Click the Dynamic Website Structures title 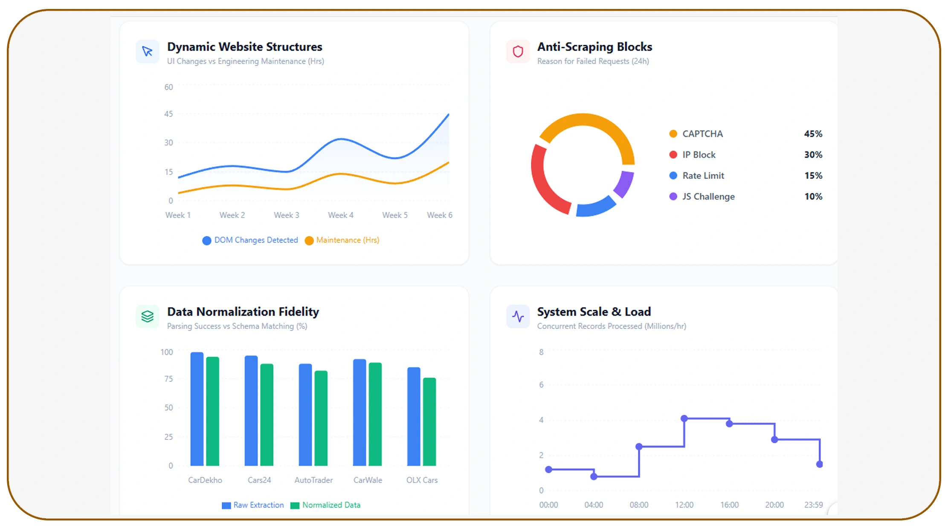click(244, 47)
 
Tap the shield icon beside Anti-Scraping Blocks click(518, 52)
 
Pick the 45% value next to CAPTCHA click(813, 134)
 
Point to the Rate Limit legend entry click(703, 176)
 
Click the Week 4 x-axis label click(340, 215)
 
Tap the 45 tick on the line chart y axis click(168, 114)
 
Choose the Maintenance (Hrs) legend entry click(342, 240)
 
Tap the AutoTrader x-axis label click(313, 480)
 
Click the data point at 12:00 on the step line click(684, 419)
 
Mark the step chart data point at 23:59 click(819, 464)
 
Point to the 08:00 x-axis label click(639, 505)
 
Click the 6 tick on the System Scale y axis click(541, 385)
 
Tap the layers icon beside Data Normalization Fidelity click(148, 317)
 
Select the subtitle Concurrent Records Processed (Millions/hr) click(611, 326)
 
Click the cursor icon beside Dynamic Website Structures click(148, 52)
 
